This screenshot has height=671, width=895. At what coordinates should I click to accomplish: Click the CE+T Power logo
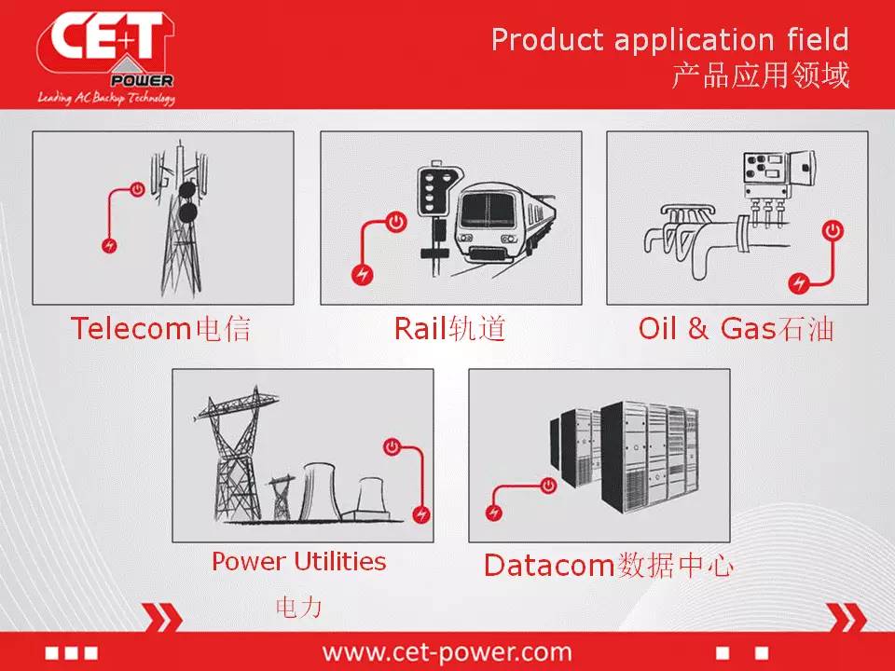point(106,58)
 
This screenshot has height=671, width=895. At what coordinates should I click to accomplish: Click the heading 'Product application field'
point(670,39)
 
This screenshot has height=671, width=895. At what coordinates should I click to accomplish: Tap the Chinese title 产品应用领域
point(761,75)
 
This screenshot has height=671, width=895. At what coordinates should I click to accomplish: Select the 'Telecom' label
point(131,329)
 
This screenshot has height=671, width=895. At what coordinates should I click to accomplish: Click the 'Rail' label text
point(420,329)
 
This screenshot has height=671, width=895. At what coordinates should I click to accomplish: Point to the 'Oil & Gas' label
point(707,329)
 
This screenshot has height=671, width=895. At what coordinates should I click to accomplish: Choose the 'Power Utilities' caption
point(298,561)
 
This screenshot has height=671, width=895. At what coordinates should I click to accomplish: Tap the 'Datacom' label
point(548,566)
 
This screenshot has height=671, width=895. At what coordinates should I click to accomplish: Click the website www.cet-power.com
point(447,651)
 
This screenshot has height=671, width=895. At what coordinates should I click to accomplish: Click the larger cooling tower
point(321,491)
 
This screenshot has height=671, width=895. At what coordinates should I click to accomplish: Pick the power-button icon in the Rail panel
point(396,222)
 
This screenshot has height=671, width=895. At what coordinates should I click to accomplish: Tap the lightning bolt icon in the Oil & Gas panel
point(799,283)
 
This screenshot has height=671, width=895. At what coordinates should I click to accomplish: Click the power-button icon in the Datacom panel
point(548,486)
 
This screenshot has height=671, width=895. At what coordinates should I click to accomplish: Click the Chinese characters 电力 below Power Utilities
point(298,607)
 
